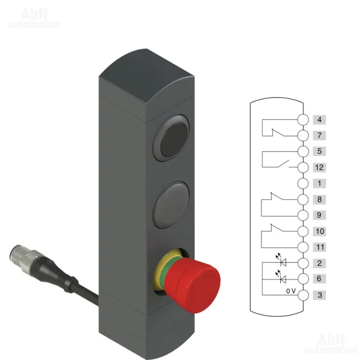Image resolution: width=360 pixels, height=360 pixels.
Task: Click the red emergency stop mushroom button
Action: pyautogui.click(x=193, y=285)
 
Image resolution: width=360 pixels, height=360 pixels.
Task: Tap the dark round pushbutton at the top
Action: pyautogui.click(x=172, y=138)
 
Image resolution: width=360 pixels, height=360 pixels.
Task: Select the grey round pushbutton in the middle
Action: pyautogui.click(x=171, y=205)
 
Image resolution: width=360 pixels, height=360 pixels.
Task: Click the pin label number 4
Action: pyautogui.click(x=319, y=119)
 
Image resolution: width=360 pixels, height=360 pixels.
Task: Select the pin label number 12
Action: pyautogui.click(x=319, y=167)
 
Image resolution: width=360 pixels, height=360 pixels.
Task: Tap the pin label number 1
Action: pyautogui.click(x=319, y=184)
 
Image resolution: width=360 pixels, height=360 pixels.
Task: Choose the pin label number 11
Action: pyautogui.click(x=319, y=247)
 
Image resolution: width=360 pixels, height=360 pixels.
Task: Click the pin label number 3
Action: pyautogui.click(x=319, y=295)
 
